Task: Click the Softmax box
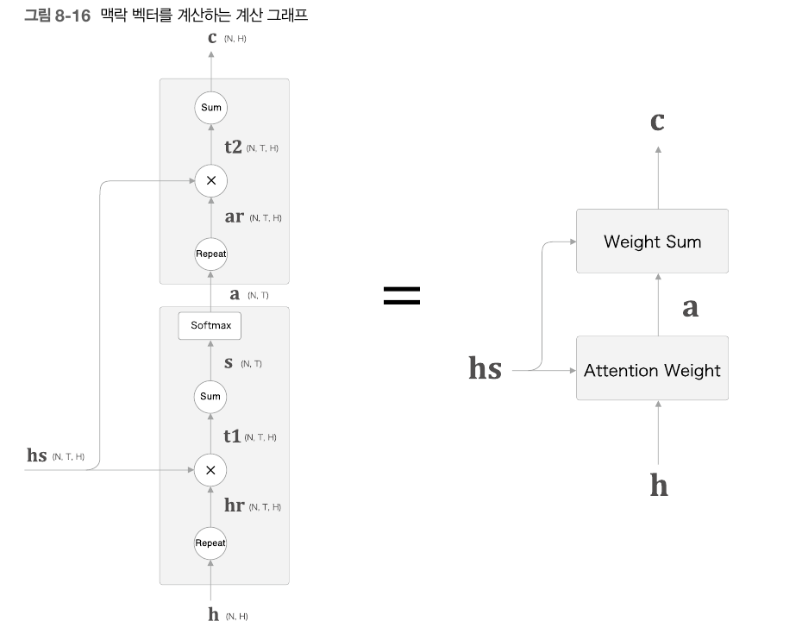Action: point(210,326)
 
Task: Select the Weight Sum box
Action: point(652,242)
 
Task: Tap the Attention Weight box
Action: point(652,370)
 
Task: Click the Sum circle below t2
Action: point(210,108)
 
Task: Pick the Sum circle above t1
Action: point(210,397)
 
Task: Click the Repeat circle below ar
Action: point(210,254)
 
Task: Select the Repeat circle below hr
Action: point(210,543)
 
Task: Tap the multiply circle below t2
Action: point(210,181)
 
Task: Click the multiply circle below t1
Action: point(210,470)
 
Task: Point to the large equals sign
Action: point(402,296)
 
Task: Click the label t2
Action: point(233,147)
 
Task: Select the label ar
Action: point(234,217)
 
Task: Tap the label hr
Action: point(234,506)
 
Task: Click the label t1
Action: point(232,436)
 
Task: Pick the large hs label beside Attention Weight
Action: point(485,369)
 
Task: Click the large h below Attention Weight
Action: point(658,486)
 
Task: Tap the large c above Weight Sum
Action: point(657,122)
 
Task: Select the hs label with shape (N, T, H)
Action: point(36,455)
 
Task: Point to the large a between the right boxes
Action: point(690,307)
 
